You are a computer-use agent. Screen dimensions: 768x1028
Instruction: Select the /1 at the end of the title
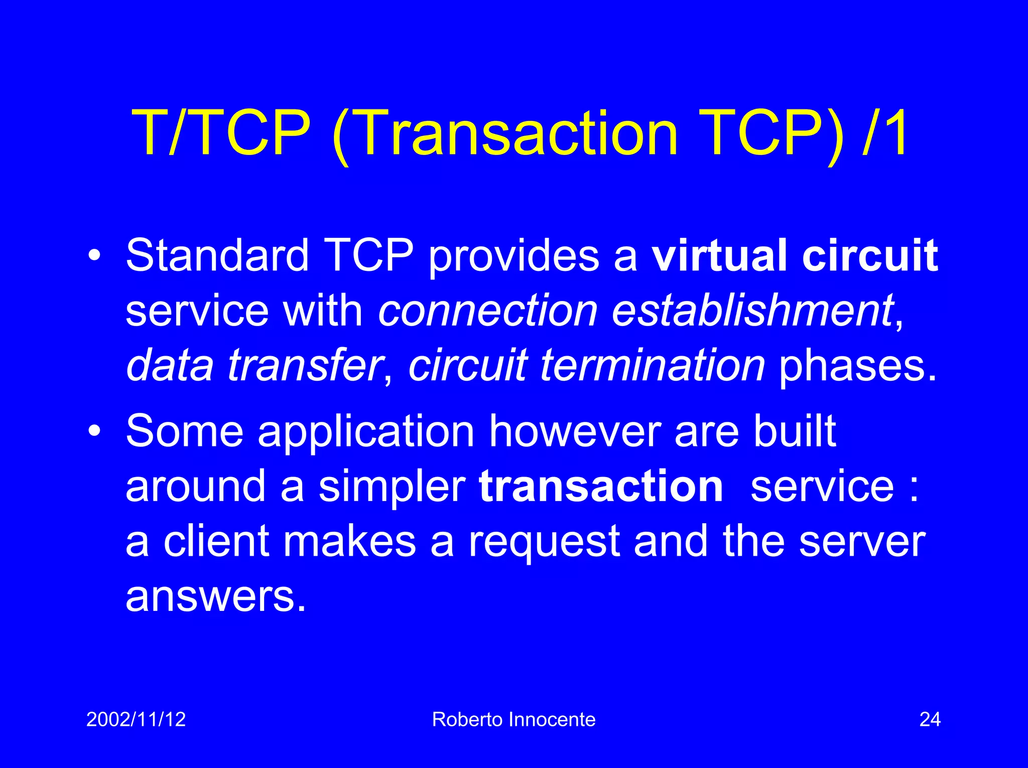(885, 134)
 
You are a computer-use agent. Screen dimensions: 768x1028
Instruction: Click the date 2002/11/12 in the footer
(136, 719)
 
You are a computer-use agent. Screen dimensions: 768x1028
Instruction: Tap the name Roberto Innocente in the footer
(513, 719)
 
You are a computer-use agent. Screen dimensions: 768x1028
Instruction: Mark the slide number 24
(930, 719)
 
